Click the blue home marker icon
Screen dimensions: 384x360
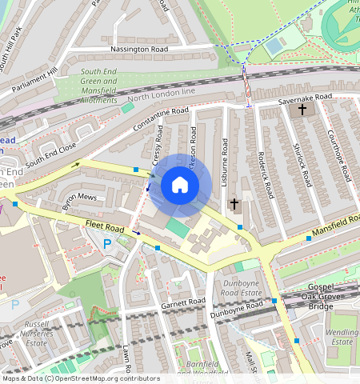(x=180, y=186)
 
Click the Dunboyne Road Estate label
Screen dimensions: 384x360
(x=240, y=287)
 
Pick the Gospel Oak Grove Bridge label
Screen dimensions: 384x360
(x=331, y=296)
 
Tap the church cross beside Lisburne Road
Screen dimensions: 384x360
(x=234, y=204)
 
